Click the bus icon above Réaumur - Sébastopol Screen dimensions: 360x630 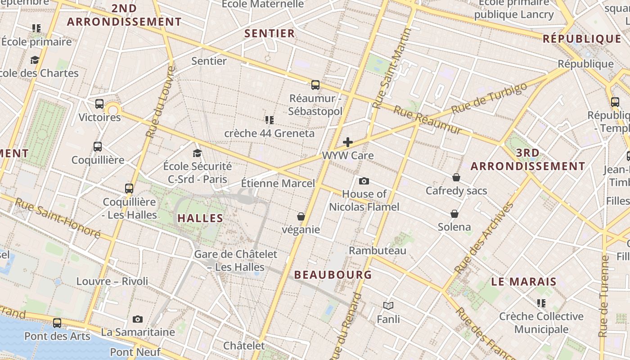coord(315,85)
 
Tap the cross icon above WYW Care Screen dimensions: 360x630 coord(348,142)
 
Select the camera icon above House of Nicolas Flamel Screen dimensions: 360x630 coord(364,181)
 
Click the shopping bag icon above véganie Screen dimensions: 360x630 coord(301,216)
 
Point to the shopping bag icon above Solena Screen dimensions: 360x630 coord(454,213)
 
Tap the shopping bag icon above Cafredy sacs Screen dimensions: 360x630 coord(456,177)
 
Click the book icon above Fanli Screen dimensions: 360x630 coord(388,306)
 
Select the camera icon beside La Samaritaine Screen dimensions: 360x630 coord(138,319)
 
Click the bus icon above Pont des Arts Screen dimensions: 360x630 coord(57,323)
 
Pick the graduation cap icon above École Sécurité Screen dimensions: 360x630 coord(197,153)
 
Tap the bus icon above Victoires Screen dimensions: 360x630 coord(99,104)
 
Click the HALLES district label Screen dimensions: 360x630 coord(200,218)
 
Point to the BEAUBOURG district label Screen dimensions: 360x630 coord(333,274)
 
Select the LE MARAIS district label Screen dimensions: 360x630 coord(524,282)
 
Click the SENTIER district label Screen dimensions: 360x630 coord(270,33)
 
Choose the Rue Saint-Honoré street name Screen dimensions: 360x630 coord(58,218)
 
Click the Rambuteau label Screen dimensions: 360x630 coord(378,251)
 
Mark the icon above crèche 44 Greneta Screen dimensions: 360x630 coord(269,120)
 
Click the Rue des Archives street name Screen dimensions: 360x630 coord(484,238)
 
